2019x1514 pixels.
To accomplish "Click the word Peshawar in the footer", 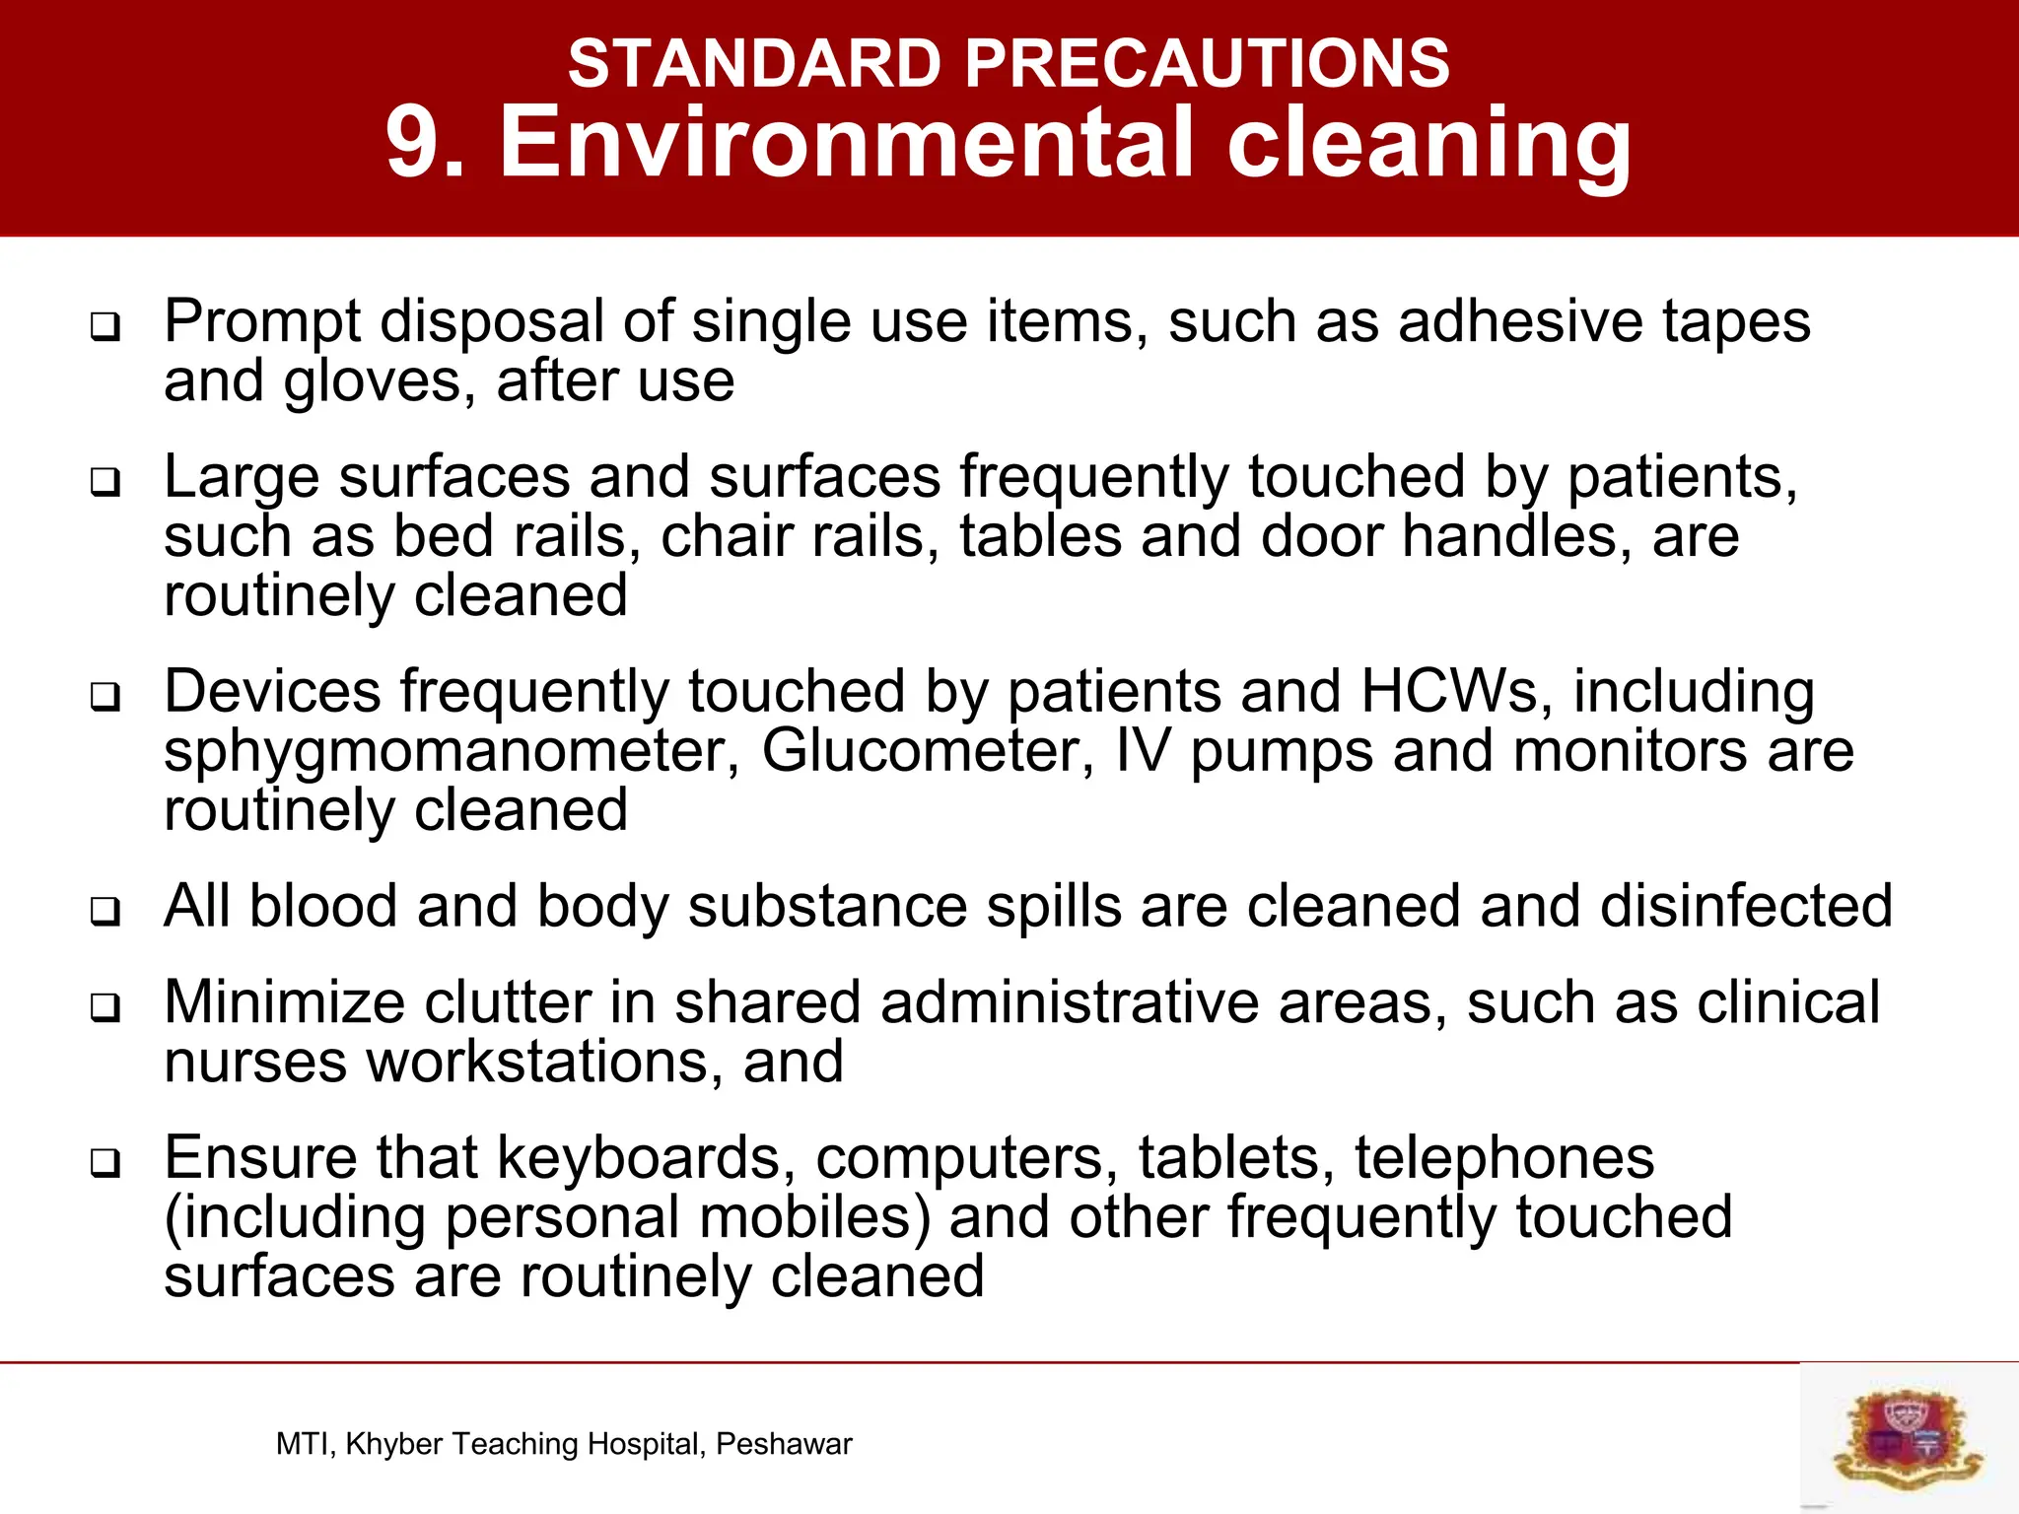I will click(x=784, y=1444).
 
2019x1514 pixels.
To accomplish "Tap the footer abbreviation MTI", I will click(x=306, y=1444).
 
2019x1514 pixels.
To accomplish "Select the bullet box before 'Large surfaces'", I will click(x=104, y=482).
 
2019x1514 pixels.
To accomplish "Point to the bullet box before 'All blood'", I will click(x=104, y=911).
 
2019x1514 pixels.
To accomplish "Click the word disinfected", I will click(x=1746, y=906).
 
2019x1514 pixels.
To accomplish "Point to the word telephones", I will click(x=1503, y=1158).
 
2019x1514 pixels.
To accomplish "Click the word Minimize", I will click(x=284, y=1002).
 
